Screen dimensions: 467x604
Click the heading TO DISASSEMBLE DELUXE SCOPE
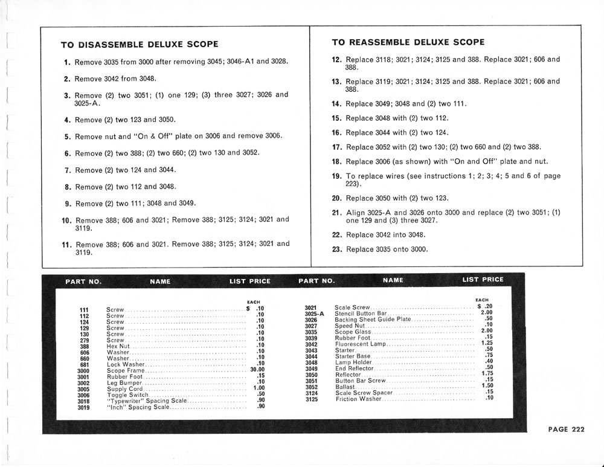(140, 45)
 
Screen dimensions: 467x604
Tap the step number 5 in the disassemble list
(68, 137)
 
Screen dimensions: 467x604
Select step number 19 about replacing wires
(337, 176)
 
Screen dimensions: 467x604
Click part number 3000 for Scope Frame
(84, 371)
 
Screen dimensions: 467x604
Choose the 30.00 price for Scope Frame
(258, 370)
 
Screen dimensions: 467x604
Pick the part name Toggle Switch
(126, 395)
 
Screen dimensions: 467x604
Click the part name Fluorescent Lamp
(360, 344)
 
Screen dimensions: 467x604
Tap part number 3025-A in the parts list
(314, 314)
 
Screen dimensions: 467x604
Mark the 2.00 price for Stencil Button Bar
(486, 312)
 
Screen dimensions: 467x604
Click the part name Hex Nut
(118, 346)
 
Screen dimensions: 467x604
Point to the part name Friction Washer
(358, 399)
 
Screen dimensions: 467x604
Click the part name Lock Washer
(126, 364)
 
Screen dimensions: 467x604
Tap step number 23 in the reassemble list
(337, 249)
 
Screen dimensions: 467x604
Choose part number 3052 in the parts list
(311, 387)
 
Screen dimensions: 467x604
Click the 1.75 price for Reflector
(487, 373)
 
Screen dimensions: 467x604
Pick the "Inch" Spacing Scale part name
(138, 407)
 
